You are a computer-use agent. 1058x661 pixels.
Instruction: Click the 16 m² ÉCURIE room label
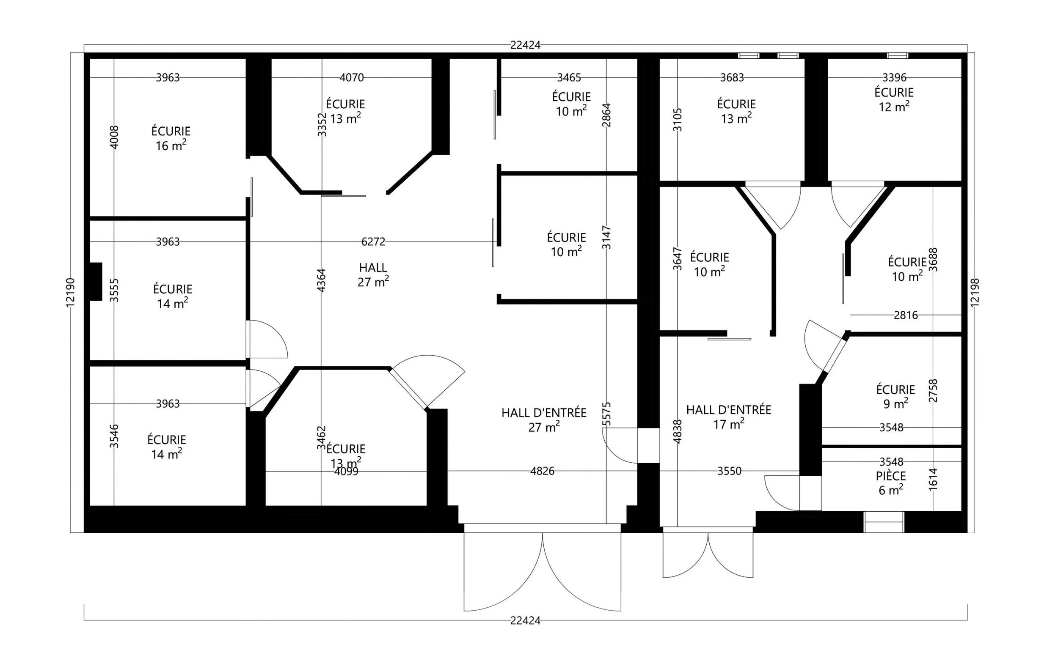click(x=171, y=138)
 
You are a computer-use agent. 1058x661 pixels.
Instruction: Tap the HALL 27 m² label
click(x=373, y=274)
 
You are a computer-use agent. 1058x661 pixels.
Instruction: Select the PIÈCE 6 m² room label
click(x=891, y=483)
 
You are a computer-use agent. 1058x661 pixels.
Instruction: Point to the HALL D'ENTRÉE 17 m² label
click(x=729, y=417)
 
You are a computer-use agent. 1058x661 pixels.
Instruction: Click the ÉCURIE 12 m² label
click(x=894, y=99)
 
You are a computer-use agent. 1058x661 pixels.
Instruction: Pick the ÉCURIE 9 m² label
click(x=895, y=396)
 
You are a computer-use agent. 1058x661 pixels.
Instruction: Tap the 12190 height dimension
click(x=70, y=292)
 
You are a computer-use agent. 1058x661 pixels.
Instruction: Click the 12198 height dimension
click(x=975, y=293)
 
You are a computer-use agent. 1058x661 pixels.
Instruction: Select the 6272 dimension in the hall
click(x=373, y=242)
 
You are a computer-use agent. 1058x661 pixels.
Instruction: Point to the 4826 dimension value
click(x=543, y=471)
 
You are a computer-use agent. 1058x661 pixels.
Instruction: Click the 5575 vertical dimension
click(x=606, y=414)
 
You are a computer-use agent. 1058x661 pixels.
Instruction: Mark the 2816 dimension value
click(x=905, y=315)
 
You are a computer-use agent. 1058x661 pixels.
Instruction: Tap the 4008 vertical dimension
click(x=114, y=137)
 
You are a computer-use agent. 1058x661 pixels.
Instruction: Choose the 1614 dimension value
click(x=933, y=479)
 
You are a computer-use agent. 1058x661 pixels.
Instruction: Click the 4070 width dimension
click(x=352, y=77)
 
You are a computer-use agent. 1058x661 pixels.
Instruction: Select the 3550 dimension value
click(x=730, y=471)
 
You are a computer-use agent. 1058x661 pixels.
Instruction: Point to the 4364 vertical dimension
click(x=322, y=280)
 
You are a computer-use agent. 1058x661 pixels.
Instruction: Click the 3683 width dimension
click(x=732, y=77)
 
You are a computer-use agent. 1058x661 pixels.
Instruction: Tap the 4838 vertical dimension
click(x=677, y=431)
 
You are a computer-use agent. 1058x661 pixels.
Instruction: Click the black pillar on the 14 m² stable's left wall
click(x=96, y=282)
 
